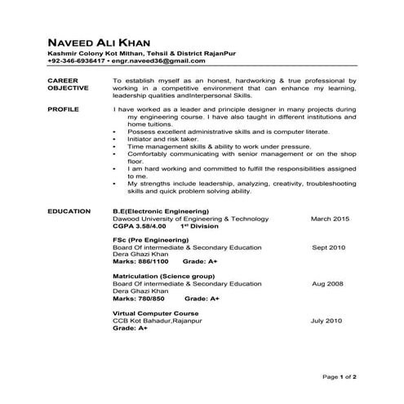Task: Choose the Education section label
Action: [69, 211]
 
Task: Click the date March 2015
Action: [330, 219]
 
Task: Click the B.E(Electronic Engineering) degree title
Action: [161, 211]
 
